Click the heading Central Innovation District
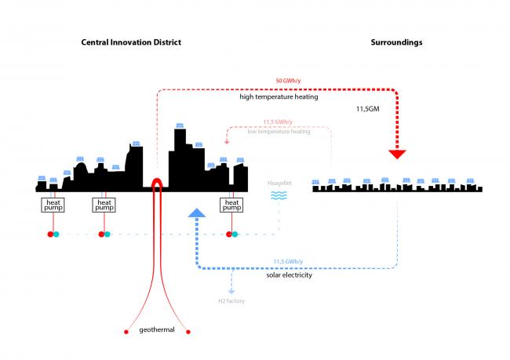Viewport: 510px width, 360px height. [x=131, y=42]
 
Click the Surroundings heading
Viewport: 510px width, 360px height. [x=396, y=42]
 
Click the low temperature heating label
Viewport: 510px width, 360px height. [x=279, y=131]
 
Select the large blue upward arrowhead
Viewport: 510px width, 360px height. [x=196, y=213]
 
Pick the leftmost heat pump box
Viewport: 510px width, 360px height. [x=53, y=205]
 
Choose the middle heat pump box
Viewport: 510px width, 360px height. [x=104, y=205]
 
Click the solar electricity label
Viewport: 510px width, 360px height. [x=289, y=276]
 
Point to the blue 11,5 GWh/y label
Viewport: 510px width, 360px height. [x=289, y=261]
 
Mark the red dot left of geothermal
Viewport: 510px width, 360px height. [x=126, y=332]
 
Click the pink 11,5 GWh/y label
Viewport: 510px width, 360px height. [x=279, y=122]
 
